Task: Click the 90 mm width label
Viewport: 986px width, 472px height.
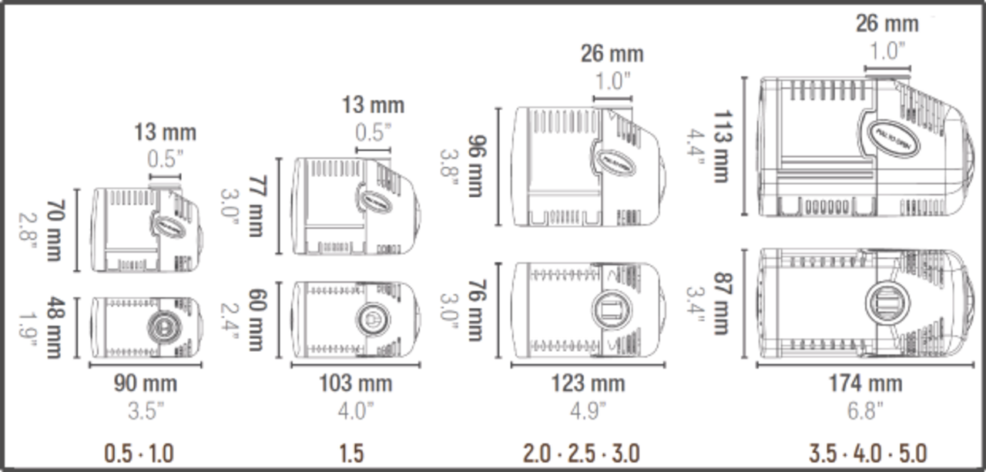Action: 146,383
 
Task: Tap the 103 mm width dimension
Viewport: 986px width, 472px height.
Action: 355,383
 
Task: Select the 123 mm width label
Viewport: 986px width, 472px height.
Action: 588,383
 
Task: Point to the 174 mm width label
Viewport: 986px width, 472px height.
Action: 865,383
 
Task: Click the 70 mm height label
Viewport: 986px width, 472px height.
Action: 53,230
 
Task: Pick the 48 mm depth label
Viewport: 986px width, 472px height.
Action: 53,327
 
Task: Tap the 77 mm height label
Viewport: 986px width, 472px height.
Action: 256,206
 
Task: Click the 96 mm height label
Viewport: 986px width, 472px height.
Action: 475,167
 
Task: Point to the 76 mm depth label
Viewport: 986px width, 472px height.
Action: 475,311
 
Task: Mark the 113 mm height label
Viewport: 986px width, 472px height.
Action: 720,146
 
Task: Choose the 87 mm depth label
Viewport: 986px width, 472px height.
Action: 720,303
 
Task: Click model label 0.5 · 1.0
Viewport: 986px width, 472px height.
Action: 139,453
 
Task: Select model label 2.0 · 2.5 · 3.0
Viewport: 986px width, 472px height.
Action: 581,453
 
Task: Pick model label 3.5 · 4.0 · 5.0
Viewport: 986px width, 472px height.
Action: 867,453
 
